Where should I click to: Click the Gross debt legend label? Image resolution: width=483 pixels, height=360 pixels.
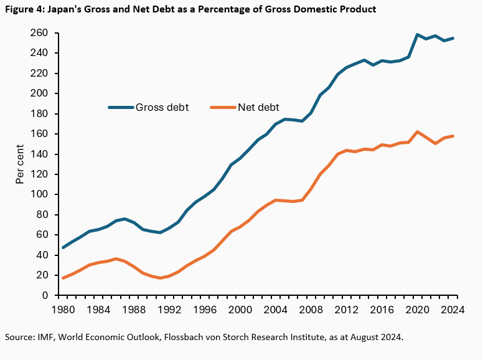162,107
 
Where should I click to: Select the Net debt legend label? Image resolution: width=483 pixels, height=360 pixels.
258,107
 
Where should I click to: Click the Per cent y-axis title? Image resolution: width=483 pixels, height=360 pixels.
20,164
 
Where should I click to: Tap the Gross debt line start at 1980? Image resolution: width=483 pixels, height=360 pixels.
63,247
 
